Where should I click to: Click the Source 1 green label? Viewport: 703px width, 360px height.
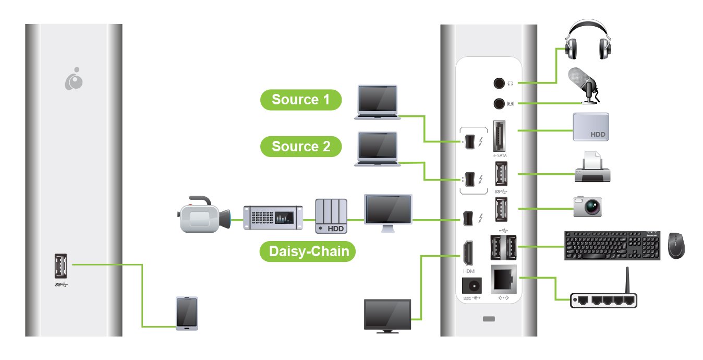click(301, 100)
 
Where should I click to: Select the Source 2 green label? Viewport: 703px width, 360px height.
click(301, 147)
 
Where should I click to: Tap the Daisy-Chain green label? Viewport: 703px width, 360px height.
click(308, 251)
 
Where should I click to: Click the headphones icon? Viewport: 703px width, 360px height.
click(588, 41)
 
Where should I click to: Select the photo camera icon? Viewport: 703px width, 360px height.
click(588, 206)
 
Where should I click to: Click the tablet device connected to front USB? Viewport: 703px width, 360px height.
click(187, 314)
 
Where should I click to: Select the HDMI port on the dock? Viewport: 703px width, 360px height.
click(467, 253)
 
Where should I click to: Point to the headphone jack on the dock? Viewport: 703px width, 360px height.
click(499, 83)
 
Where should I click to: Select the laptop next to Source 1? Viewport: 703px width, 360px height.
click(377, 102)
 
